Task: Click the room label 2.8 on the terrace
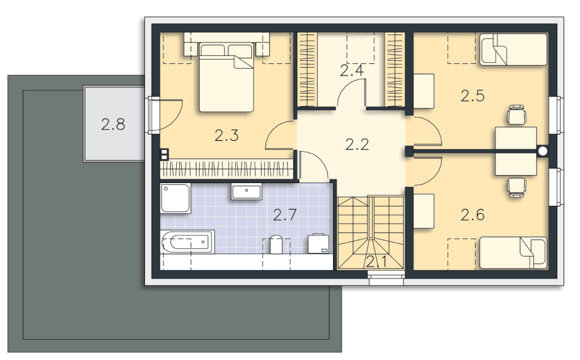[113, 124]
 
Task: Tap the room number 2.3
[227, 135]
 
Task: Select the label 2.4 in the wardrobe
[352, 70]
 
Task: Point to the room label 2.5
[472, 96]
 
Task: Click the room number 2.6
[472, 214]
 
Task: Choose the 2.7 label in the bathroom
[285, 214]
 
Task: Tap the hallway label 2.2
[358, 144]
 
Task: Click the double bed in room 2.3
[226, 77]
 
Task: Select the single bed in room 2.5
[514, 50]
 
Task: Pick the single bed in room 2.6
[514, 252]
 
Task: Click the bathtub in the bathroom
[187, 242]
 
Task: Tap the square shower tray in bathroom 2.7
[175, 198]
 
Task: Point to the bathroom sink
[246, 191]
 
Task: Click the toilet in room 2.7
[276, 244]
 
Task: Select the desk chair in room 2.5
[516, 115]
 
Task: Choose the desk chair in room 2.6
[517, 187]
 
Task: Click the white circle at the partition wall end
[543, 151]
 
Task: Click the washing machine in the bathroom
[318, 243]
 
